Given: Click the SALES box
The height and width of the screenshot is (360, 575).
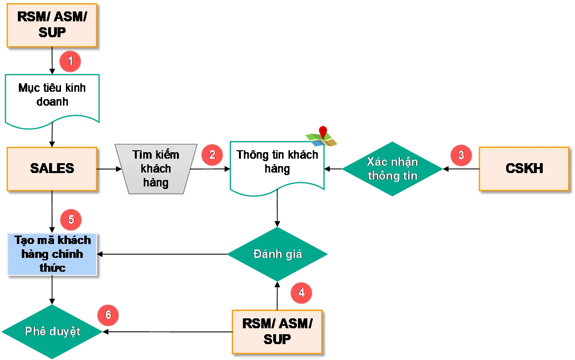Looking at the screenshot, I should pyautogui.click(x=52, y=169).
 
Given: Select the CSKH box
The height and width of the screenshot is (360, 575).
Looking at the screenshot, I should pyautogui.click(x=523, y=169).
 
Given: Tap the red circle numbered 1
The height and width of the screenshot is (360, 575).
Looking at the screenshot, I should pyautogui.click(x=70, y=62).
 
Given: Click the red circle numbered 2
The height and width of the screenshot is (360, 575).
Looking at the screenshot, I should pyautogui.click(x=212, y=155).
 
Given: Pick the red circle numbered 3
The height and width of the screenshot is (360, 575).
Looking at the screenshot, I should pyautogui.click(x=461, y=155).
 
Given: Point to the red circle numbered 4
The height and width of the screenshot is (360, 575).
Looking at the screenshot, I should pyautogui.click(x=301, y=293).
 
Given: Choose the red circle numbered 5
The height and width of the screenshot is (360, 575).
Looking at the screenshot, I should pyautogui.click(x=71, y=219).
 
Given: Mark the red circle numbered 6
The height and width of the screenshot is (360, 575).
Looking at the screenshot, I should pyautogui.click(x=108, y=315).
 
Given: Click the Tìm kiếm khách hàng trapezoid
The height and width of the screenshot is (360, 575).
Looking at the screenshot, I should pyautogui.click(x=156, y=169).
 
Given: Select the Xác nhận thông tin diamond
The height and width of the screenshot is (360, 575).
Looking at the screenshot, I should pyautogui.click(x=392, y=169).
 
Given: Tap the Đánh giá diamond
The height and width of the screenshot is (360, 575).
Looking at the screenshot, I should pyautogui.click(x=277, y=254).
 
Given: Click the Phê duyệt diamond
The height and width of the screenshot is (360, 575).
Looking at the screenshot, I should pyautogui.click(x=52, y=331).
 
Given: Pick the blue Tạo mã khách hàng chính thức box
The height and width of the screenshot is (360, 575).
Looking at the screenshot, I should pyautogui.click(x=52, y=253).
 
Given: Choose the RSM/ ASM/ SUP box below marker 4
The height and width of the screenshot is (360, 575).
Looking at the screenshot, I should pyautogui.click(x=277, y=331).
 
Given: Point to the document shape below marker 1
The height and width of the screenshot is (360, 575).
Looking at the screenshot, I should pyautogui.click(x=53, y=98).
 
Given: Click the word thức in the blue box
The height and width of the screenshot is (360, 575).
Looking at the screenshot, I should pyautogui.click(x=52, y=268).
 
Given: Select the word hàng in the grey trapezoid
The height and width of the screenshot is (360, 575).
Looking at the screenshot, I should pyautogui.click(x=156, y=182).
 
